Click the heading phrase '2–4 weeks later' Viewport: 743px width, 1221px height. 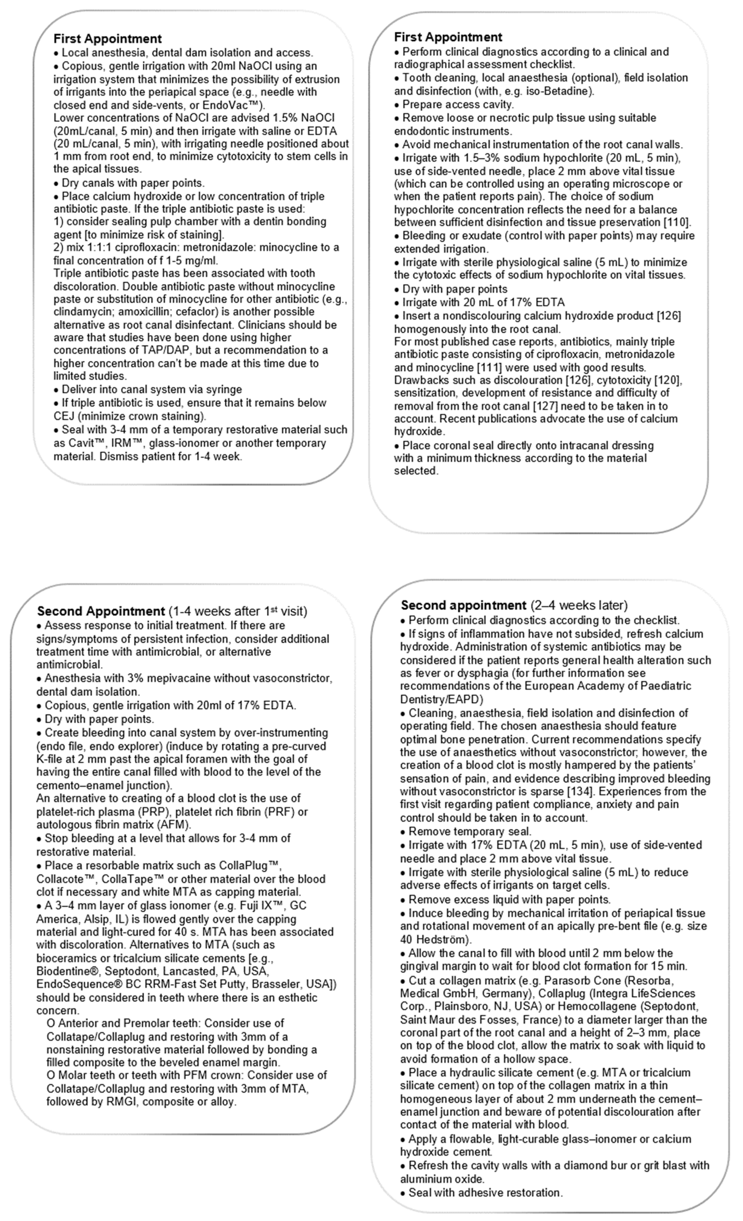(x=579, y=606)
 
